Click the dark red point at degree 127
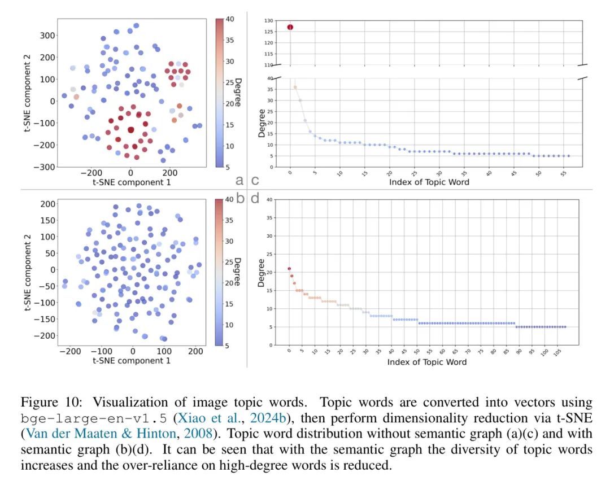(290, 27)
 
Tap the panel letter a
(239, 180)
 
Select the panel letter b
(239, 198)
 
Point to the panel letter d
(255, 198)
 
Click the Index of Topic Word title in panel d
(426, 361)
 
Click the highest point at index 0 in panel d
(289, 269)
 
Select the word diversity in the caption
(496, 450)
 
